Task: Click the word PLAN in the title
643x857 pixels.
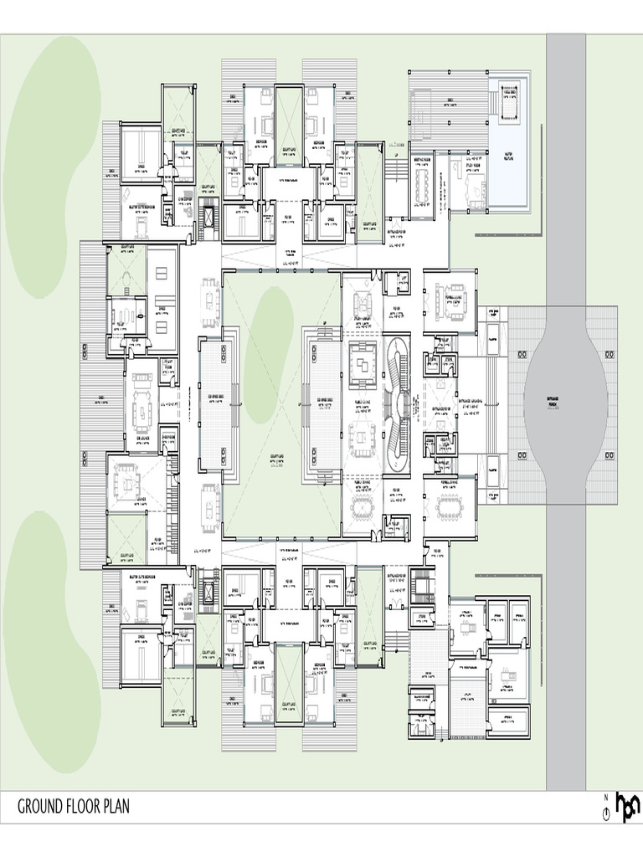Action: pos(114,807)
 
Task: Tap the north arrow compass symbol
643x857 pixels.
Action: pos(605,811)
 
